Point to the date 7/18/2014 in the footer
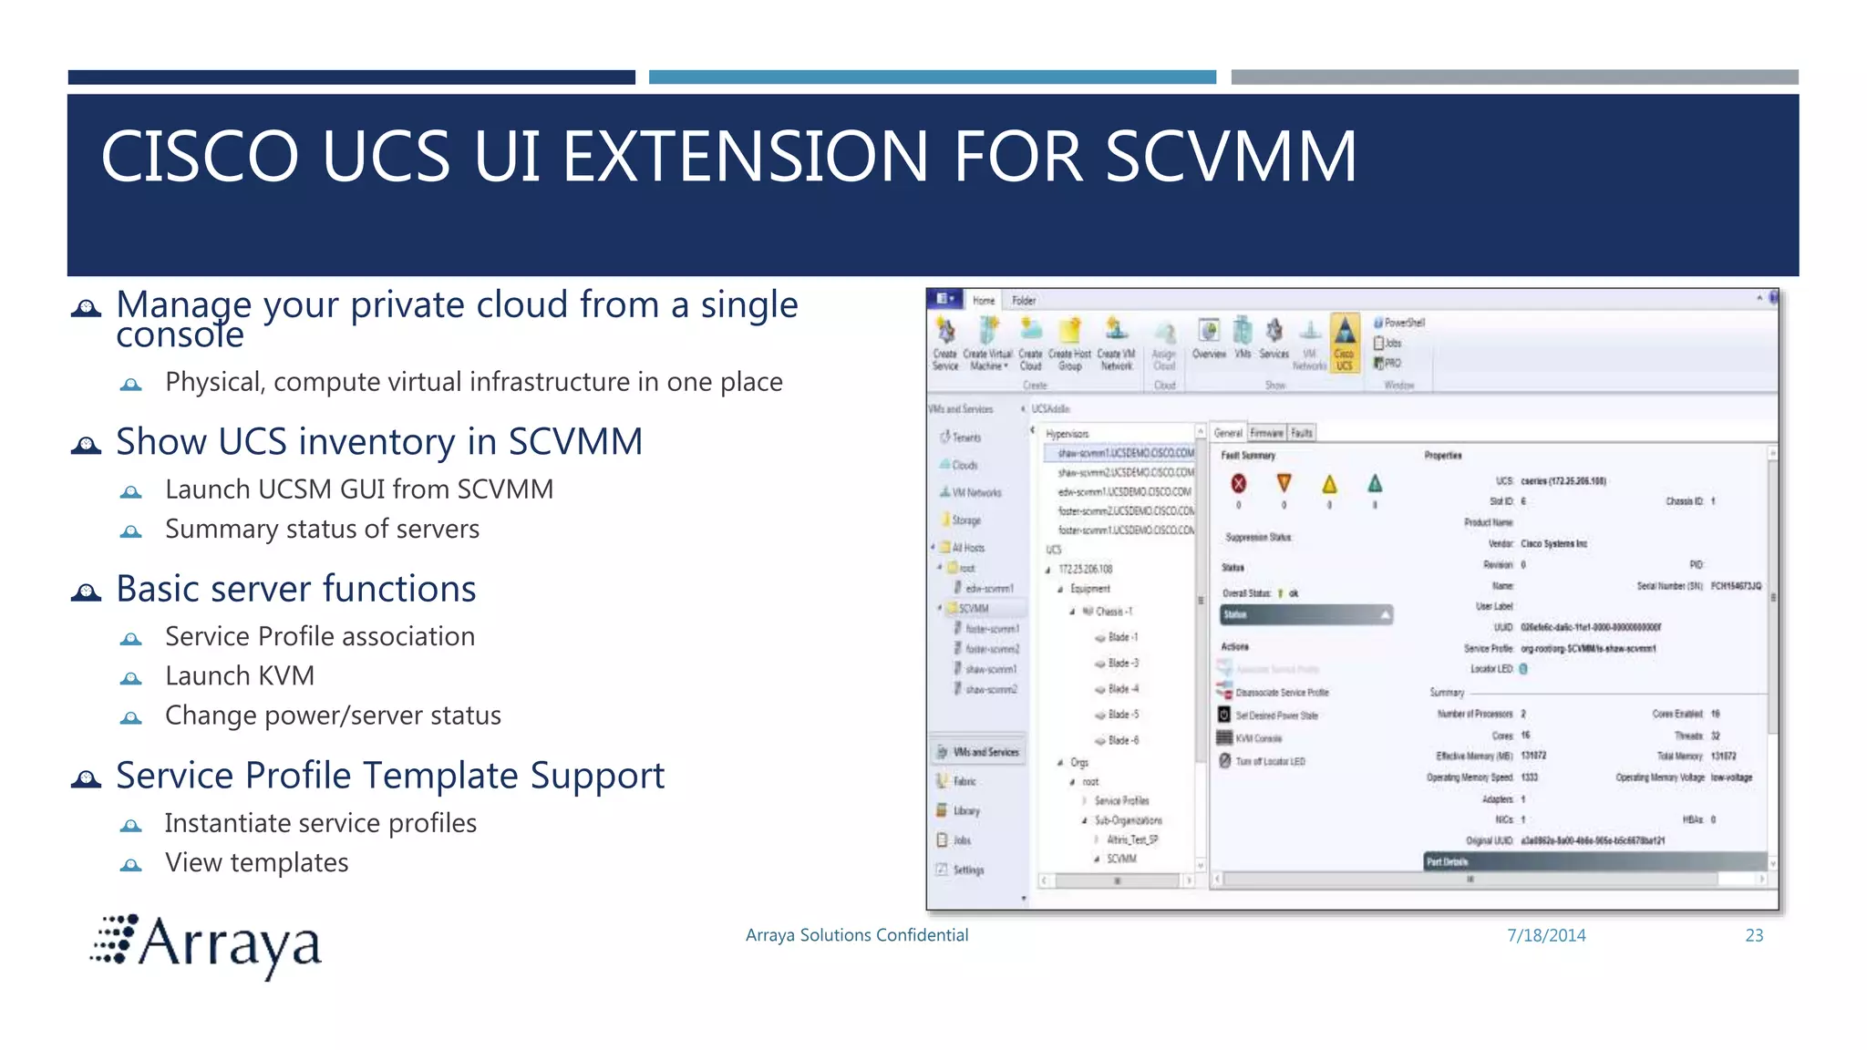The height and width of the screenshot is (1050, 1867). coord(1546,935)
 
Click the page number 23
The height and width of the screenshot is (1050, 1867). coord(1754,935)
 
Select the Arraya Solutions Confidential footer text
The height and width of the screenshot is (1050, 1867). coord(856,935)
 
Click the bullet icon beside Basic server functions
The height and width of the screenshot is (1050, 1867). coord(87,592)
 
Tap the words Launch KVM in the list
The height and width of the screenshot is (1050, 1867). coord(240,676)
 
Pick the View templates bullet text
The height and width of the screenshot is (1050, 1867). coord(256,863)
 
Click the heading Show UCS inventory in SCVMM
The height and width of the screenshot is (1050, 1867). coord(379,442)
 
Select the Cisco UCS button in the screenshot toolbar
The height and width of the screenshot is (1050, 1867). coord(1344,343)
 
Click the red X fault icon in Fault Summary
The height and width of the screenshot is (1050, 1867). coord(1238,484)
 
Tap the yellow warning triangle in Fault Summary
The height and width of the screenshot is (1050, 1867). coord(1329,484)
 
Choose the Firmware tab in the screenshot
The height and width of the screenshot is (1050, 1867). coord(1266,433)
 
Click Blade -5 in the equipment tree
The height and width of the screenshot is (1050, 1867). coord(1122,715)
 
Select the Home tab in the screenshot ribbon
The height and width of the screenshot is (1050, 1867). coord(983,300)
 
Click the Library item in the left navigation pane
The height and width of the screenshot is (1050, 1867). coord(965,811)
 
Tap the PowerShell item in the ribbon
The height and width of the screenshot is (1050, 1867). coord(1403,323)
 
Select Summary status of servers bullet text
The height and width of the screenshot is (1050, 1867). coord(322,530)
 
